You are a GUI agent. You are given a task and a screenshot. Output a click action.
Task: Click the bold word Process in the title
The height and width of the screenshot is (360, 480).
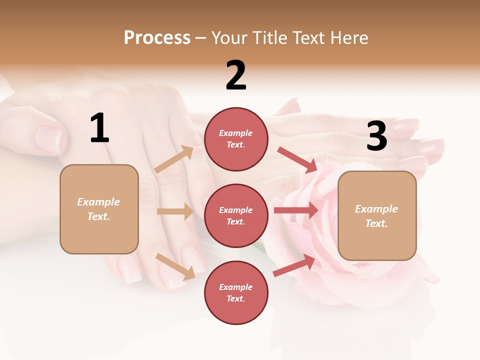(x=157, y=38)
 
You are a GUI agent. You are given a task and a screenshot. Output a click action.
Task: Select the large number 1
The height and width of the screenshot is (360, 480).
(x=99, y=128)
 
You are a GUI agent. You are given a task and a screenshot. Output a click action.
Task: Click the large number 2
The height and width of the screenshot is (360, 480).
(x=236, y=75)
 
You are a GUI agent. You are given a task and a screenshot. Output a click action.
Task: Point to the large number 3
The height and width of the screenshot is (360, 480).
(x=376, y=136)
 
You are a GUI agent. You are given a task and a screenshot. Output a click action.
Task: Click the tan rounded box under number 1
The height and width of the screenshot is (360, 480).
(x=99, y=209)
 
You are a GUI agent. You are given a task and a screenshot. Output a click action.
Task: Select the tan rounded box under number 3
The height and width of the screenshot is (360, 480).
(x=377, y=215)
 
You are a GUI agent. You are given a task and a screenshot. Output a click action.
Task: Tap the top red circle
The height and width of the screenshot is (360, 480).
(x=236, y=139)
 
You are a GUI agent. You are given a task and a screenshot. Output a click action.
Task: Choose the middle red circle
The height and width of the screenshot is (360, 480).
(x=236, y=215)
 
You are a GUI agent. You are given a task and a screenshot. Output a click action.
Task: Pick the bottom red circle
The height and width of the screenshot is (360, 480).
(x=236, y=292)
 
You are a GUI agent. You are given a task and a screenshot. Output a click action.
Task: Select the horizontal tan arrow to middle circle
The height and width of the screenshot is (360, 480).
(x=175, y=211)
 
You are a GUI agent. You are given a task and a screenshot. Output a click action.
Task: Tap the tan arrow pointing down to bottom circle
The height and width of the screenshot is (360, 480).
(x=175, y=266)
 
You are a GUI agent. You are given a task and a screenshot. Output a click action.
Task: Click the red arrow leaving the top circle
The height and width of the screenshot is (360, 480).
(x=297, y=159)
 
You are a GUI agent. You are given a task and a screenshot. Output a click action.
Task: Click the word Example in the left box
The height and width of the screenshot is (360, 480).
(x=98, y=202)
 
